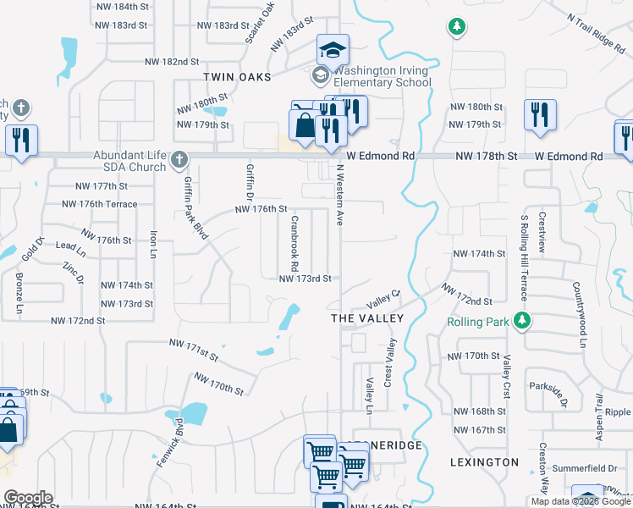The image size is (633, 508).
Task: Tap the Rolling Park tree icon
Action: coord(524,320)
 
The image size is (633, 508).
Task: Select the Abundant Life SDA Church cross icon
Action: coord(179,158)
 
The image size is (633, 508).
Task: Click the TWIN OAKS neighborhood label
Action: coord(237,77)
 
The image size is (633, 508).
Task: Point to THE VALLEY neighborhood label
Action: coord(366,317)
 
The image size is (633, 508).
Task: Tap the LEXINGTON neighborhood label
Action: coord(484,462)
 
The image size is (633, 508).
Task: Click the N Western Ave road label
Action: coord(340,196)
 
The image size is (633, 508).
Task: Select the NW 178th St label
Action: coord(485,157)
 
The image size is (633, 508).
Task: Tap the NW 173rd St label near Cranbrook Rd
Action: coord(304,278)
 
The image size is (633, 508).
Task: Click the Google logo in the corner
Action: coord(27,498)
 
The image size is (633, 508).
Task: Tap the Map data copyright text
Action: coord(580,501)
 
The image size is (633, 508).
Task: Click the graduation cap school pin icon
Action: coord(333,49)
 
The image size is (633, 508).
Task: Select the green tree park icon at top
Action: coord(457,27)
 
